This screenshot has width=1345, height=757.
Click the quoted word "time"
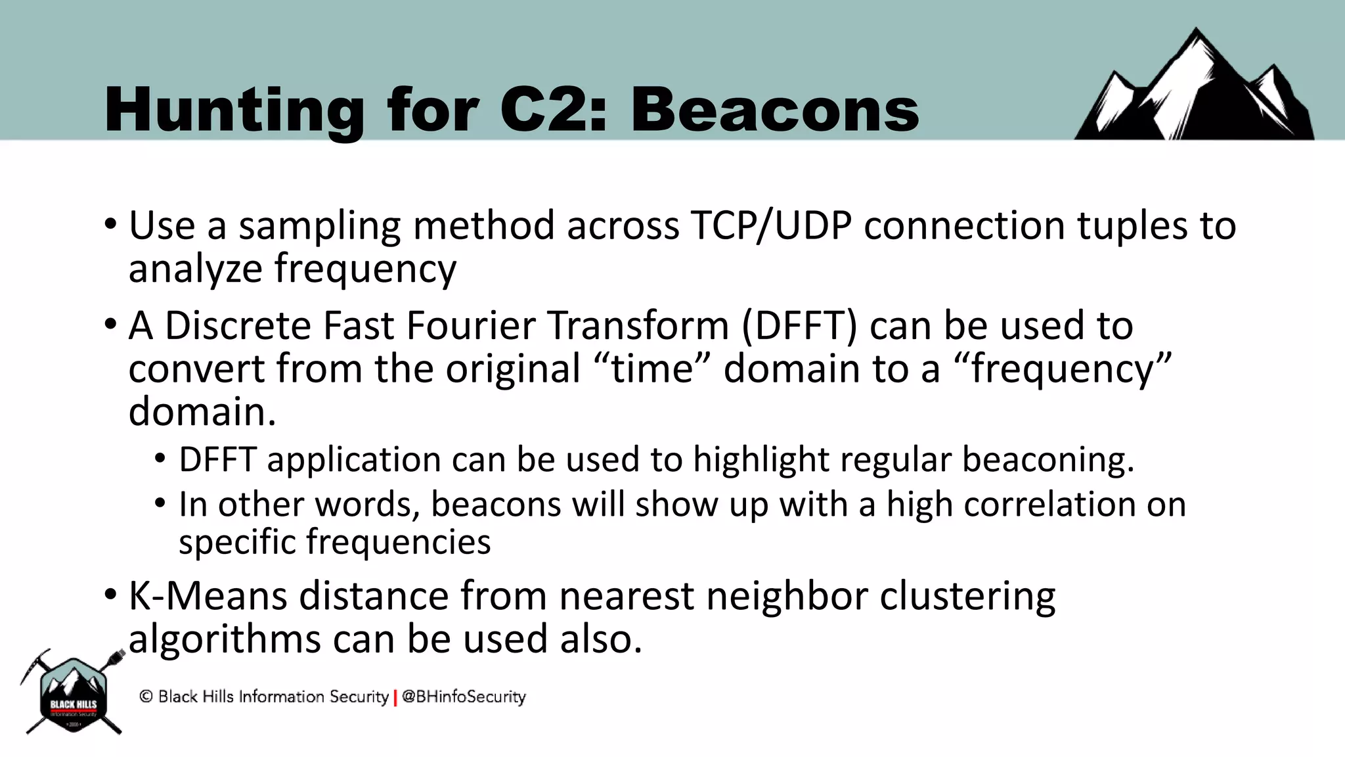tap(652, 369)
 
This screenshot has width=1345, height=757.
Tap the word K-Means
tap(208, 596)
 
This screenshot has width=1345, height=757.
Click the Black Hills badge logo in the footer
tap(74, 695)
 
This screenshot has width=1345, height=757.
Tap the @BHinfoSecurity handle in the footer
tap(464, 697)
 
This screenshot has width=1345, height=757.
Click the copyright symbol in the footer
tap(146, 697)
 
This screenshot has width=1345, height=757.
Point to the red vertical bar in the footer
tap(395, 697)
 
